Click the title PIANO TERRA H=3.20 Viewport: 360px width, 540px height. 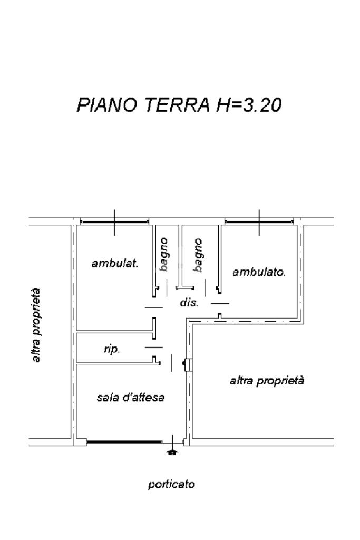pos(179,105)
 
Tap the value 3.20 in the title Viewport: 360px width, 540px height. pos(262,105)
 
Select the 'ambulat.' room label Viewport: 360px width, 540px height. pos(115,264)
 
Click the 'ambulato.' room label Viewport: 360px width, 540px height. pos(259,272)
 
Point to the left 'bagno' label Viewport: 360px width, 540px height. pos(164,254)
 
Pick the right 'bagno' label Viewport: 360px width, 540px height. pos(198,255)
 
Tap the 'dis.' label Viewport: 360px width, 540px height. pos(189,303)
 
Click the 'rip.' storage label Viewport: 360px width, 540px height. pos(112,349)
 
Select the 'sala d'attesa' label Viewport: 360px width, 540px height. pos(130,398)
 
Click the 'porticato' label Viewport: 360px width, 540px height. pos(171,485)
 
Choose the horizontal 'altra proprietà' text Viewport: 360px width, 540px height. pos(267,381)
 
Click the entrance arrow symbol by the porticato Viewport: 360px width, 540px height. pos(172,452)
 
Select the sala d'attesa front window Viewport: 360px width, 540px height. pos(124,441)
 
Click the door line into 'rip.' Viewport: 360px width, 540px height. pos(153,348)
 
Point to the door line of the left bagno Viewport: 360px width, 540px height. pos(167,288)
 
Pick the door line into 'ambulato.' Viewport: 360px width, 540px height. pos(220,303)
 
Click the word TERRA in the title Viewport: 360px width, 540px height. pos(177,105)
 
